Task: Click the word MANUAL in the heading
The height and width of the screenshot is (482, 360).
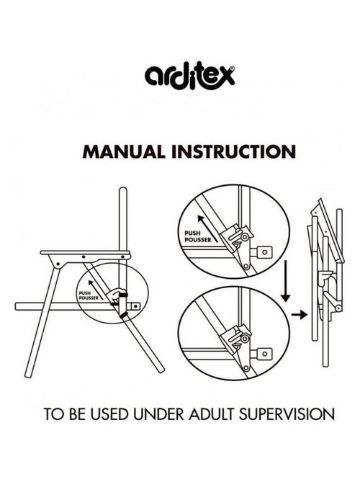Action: (124, 151)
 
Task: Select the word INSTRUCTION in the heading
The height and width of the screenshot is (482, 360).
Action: (234, 151)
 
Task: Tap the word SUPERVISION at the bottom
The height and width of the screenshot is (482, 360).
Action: (287, 414)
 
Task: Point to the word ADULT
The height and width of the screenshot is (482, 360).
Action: (212, 414)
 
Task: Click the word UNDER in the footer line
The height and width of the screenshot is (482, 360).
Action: (158, 414)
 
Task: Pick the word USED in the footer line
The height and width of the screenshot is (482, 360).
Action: (109, 414)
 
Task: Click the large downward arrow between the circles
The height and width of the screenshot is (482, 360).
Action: (286, 281)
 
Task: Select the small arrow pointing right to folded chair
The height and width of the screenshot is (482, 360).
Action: (300, 315)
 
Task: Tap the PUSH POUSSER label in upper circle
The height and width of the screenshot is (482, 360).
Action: (198, 237)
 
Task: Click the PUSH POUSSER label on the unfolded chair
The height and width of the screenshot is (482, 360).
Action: (89, 295)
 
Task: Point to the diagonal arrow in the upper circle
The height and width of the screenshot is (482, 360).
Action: (208, 228)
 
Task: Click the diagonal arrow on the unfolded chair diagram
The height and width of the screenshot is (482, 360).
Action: (96, 290)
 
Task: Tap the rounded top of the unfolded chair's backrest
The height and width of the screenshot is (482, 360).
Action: (123, 189)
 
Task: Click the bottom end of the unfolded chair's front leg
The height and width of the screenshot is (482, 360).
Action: (28, 375)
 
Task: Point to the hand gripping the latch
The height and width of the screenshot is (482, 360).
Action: (118, 295)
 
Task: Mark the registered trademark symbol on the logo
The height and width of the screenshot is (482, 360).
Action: (233, 68)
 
